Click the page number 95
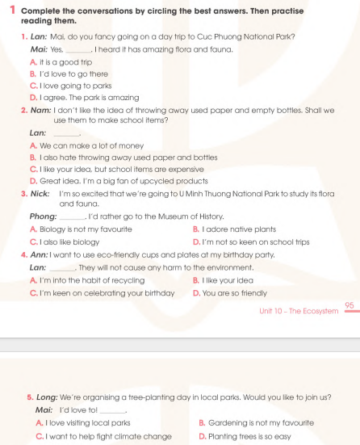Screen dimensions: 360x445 tap(349, 304)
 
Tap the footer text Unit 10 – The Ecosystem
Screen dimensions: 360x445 tap(298, 310)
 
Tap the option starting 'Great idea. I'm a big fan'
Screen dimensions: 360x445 tap(97, 181)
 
